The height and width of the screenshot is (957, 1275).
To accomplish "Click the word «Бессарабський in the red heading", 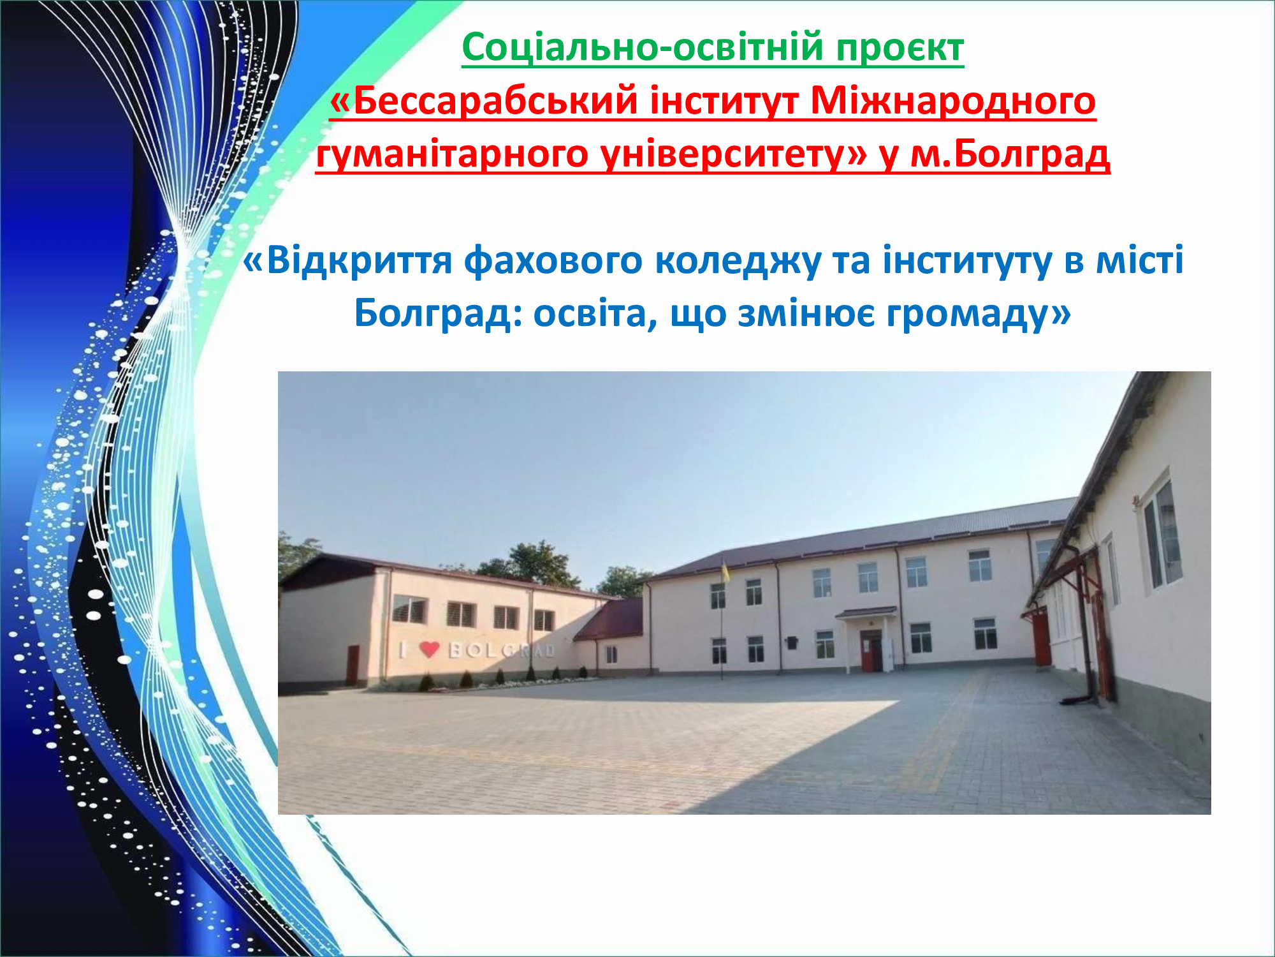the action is click(x=484, y=101).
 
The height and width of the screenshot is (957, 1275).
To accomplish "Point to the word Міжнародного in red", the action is click(x=953, y=101).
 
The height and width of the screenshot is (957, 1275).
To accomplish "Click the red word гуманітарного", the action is click(x=452, y=155).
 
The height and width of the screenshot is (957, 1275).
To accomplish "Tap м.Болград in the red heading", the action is click(x=1010, y=154).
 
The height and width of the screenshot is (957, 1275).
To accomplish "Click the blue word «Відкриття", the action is click(x=348, y=261).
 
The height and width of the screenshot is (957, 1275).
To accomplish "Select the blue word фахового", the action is click(x=553, y=261).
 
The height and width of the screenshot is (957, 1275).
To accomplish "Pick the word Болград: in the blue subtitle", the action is click(x=437, y=314).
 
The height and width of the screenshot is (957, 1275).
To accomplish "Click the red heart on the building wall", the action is click(x=430, y=649).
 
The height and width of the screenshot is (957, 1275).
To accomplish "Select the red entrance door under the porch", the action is click(x=870, y=651).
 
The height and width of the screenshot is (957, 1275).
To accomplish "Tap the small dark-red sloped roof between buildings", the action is click(x=610, y=618).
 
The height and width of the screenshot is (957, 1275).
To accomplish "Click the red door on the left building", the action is click(x=353, y=665).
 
